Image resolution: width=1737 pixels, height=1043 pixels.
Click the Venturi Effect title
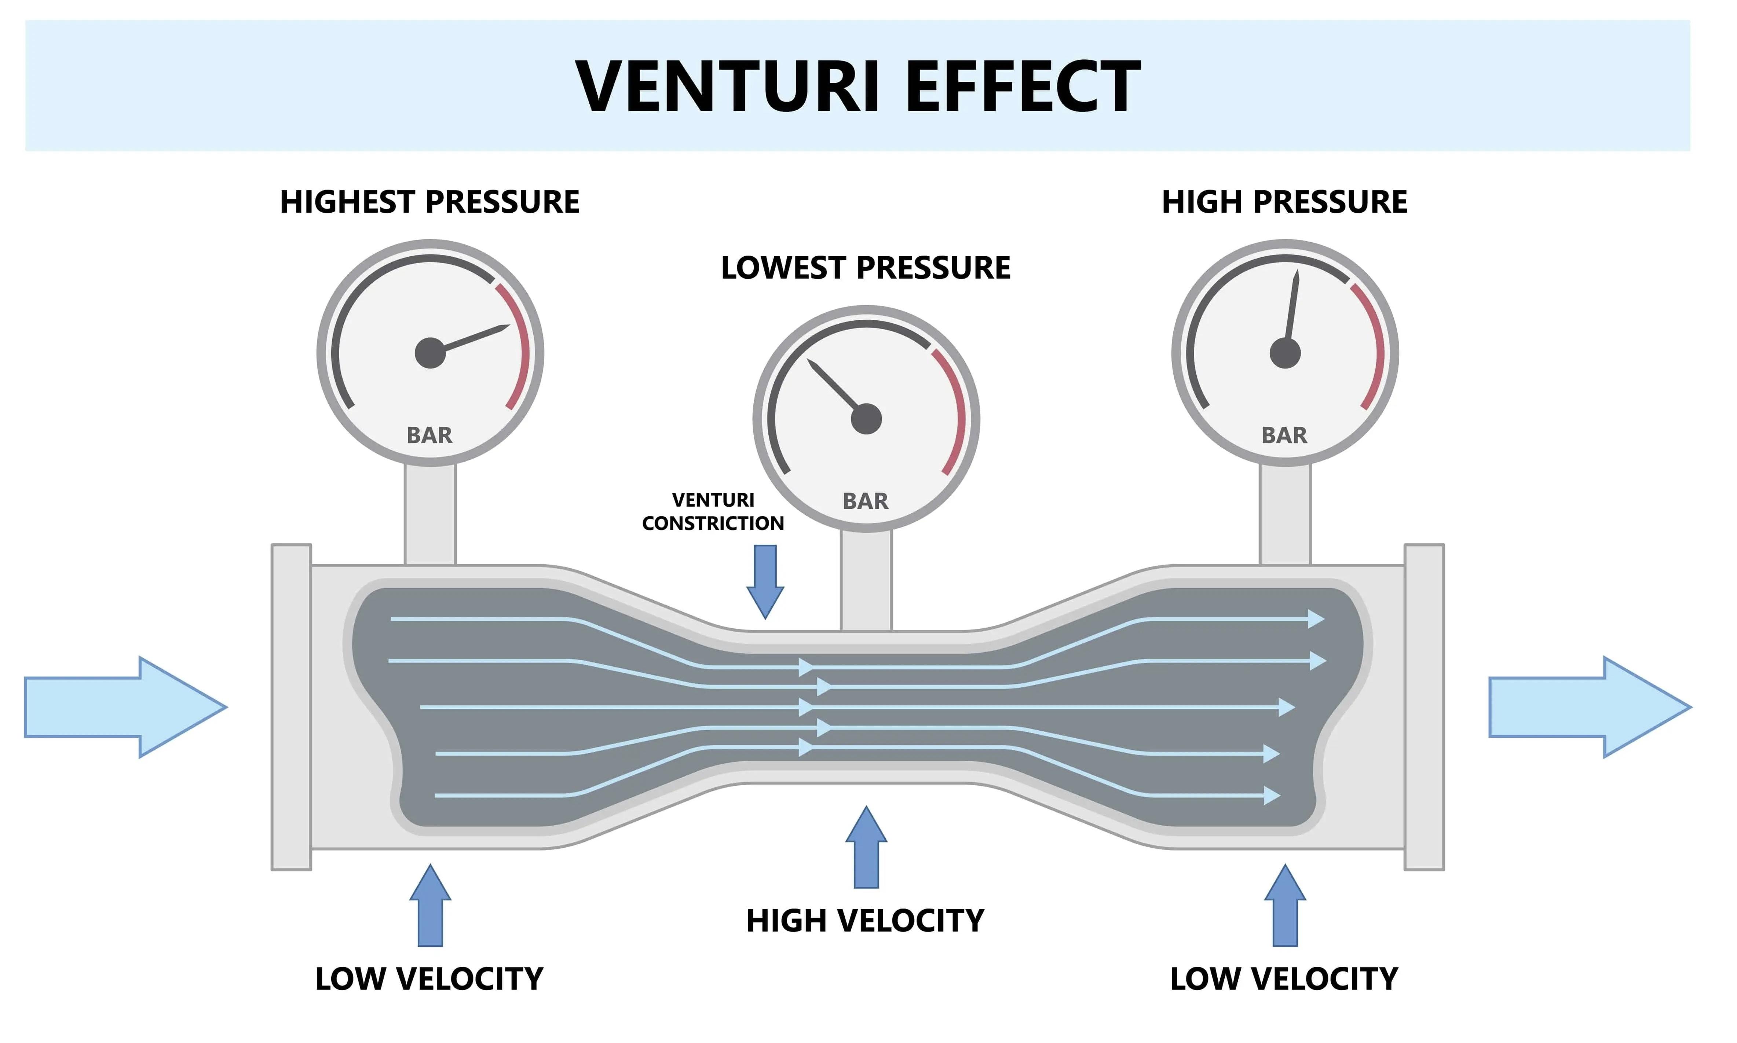(857, 87)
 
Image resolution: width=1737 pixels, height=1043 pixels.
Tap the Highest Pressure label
(429, 202)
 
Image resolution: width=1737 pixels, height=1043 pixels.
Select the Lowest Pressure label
(865, 268)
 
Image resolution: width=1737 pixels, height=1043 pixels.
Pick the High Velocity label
(865, 921)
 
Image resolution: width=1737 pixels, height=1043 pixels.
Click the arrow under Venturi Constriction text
(765, 582)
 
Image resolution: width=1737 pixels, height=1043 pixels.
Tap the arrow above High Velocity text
(866, 847)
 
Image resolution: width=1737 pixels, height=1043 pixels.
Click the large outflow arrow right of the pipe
(1590, 707)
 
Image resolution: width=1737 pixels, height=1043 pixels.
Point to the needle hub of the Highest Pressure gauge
(430, 353)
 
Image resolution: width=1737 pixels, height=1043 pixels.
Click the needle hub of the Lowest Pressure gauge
(866, 419)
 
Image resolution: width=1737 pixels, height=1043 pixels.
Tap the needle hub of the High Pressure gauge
(1285, 353)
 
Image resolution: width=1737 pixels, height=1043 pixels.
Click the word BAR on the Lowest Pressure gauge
(865, 501)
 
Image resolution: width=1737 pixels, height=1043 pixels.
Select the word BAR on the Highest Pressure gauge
(429, 435)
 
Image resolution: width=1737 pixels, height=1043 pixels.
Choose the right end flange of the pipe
(1424, 707)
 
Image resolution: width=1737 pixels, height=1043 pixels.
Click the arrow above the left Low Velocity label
(430, 905)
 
